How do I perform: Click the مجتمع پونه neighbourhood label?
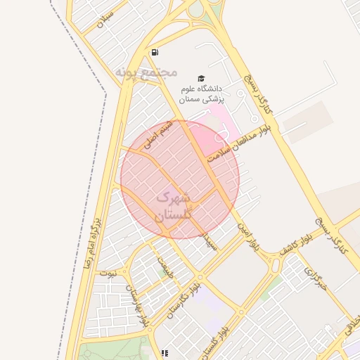click(145, 72)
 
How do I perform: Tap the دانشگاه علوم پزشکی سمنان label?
click(200, 94)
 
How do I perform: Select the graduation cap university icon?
click(201, 78)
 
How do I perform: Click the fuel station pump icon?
click(155, 52)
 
